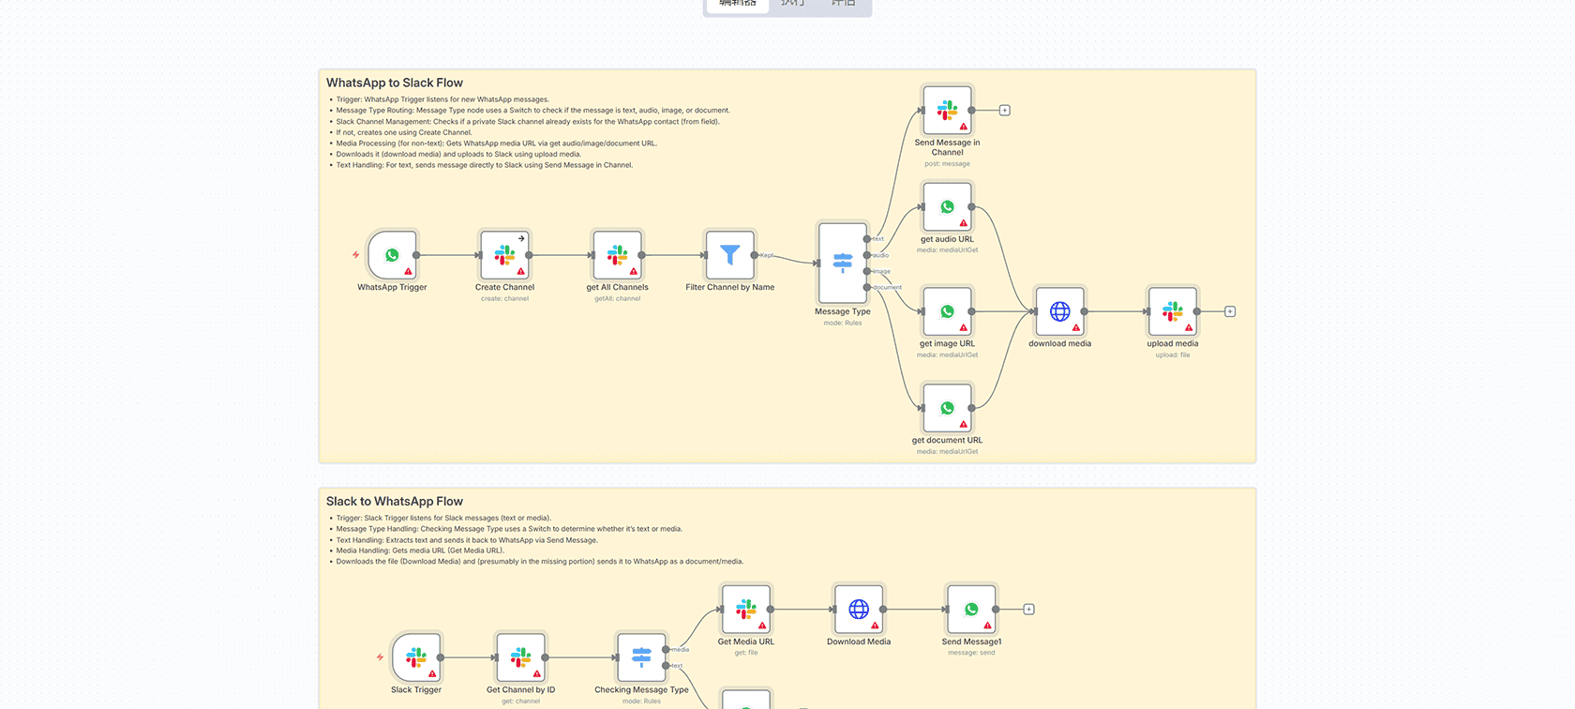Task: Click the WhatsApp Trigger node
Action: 392,255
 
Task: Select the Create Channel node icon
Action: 504,255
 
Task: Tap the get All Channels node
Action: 617,255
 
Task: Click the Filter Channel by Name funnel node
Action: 729,255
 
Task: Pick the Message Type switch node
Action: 842,263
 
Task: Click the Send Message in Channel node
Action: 947,110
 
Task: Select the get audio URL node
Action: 947,206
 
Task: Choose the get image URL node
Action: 947,311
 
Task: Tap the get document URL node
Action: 947,408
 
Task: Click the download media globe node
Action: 1059,311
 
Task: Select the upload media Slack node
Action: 1172,311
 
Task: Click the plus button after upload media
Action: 1230,311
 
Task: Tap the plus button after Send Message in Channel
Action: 1004,111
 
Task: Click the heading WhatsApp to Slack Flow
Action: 395,83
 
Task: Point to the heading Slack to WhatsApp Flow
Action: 395,502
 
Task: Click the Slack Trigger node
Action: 416,657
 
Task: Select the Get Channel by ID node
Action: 520,657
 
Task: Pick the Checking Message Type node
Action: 641,657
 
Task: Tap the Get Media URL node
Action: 746,610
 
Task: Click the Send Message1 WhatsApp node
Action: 971,610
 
